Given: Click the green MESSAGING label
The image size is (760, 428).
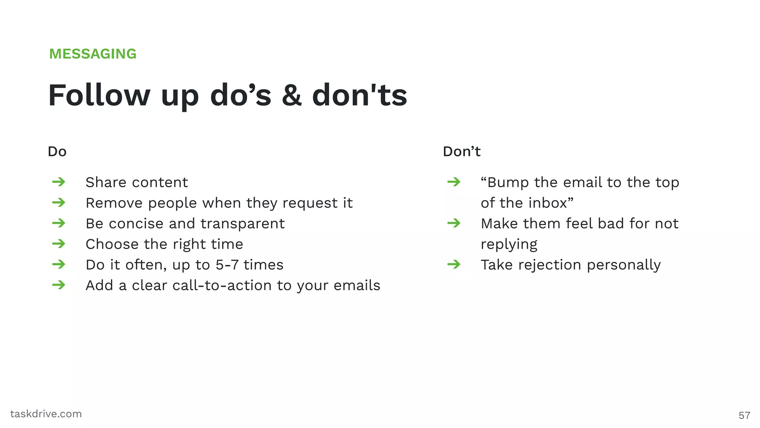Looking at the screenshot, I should [x=93, y=54].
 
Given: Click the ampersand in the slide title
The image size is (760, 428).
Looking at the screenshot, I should [x=292, y=95].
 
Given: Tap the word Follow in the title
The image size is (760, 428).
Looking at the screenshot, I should [x=99, y=95].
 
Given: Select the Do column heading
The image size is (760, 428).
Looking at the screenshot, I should [x=57, y=152].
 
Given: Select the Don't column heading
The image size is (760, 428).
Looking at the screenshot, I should [x=462, y=152].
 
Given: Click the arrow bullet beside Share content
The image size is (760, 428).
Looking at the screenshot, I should [x=59, y=182].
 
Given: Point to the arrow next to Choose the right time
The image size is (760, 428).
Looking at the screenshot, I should [x=59, y=244].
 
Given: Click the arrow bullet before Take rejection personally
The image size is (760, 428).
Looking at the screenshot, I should [x=454, y=265].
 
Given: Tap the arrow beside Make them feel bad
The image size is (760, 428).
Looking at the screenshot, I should [x=454, y=223].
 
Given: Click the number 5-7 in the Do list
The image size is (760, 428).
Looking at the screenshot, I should [x=227, y=265].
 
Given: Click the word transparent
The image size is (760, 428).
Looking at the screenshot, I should [x=243, y=224].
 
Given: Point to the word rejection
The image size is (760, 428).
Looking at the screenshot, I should [x=550, y=265].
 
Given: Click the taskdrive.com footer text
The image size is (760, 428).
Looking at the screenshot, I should [x=46, y=414].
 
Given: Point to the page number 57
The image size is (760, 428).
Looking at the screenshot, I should [x=744, y=415].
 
